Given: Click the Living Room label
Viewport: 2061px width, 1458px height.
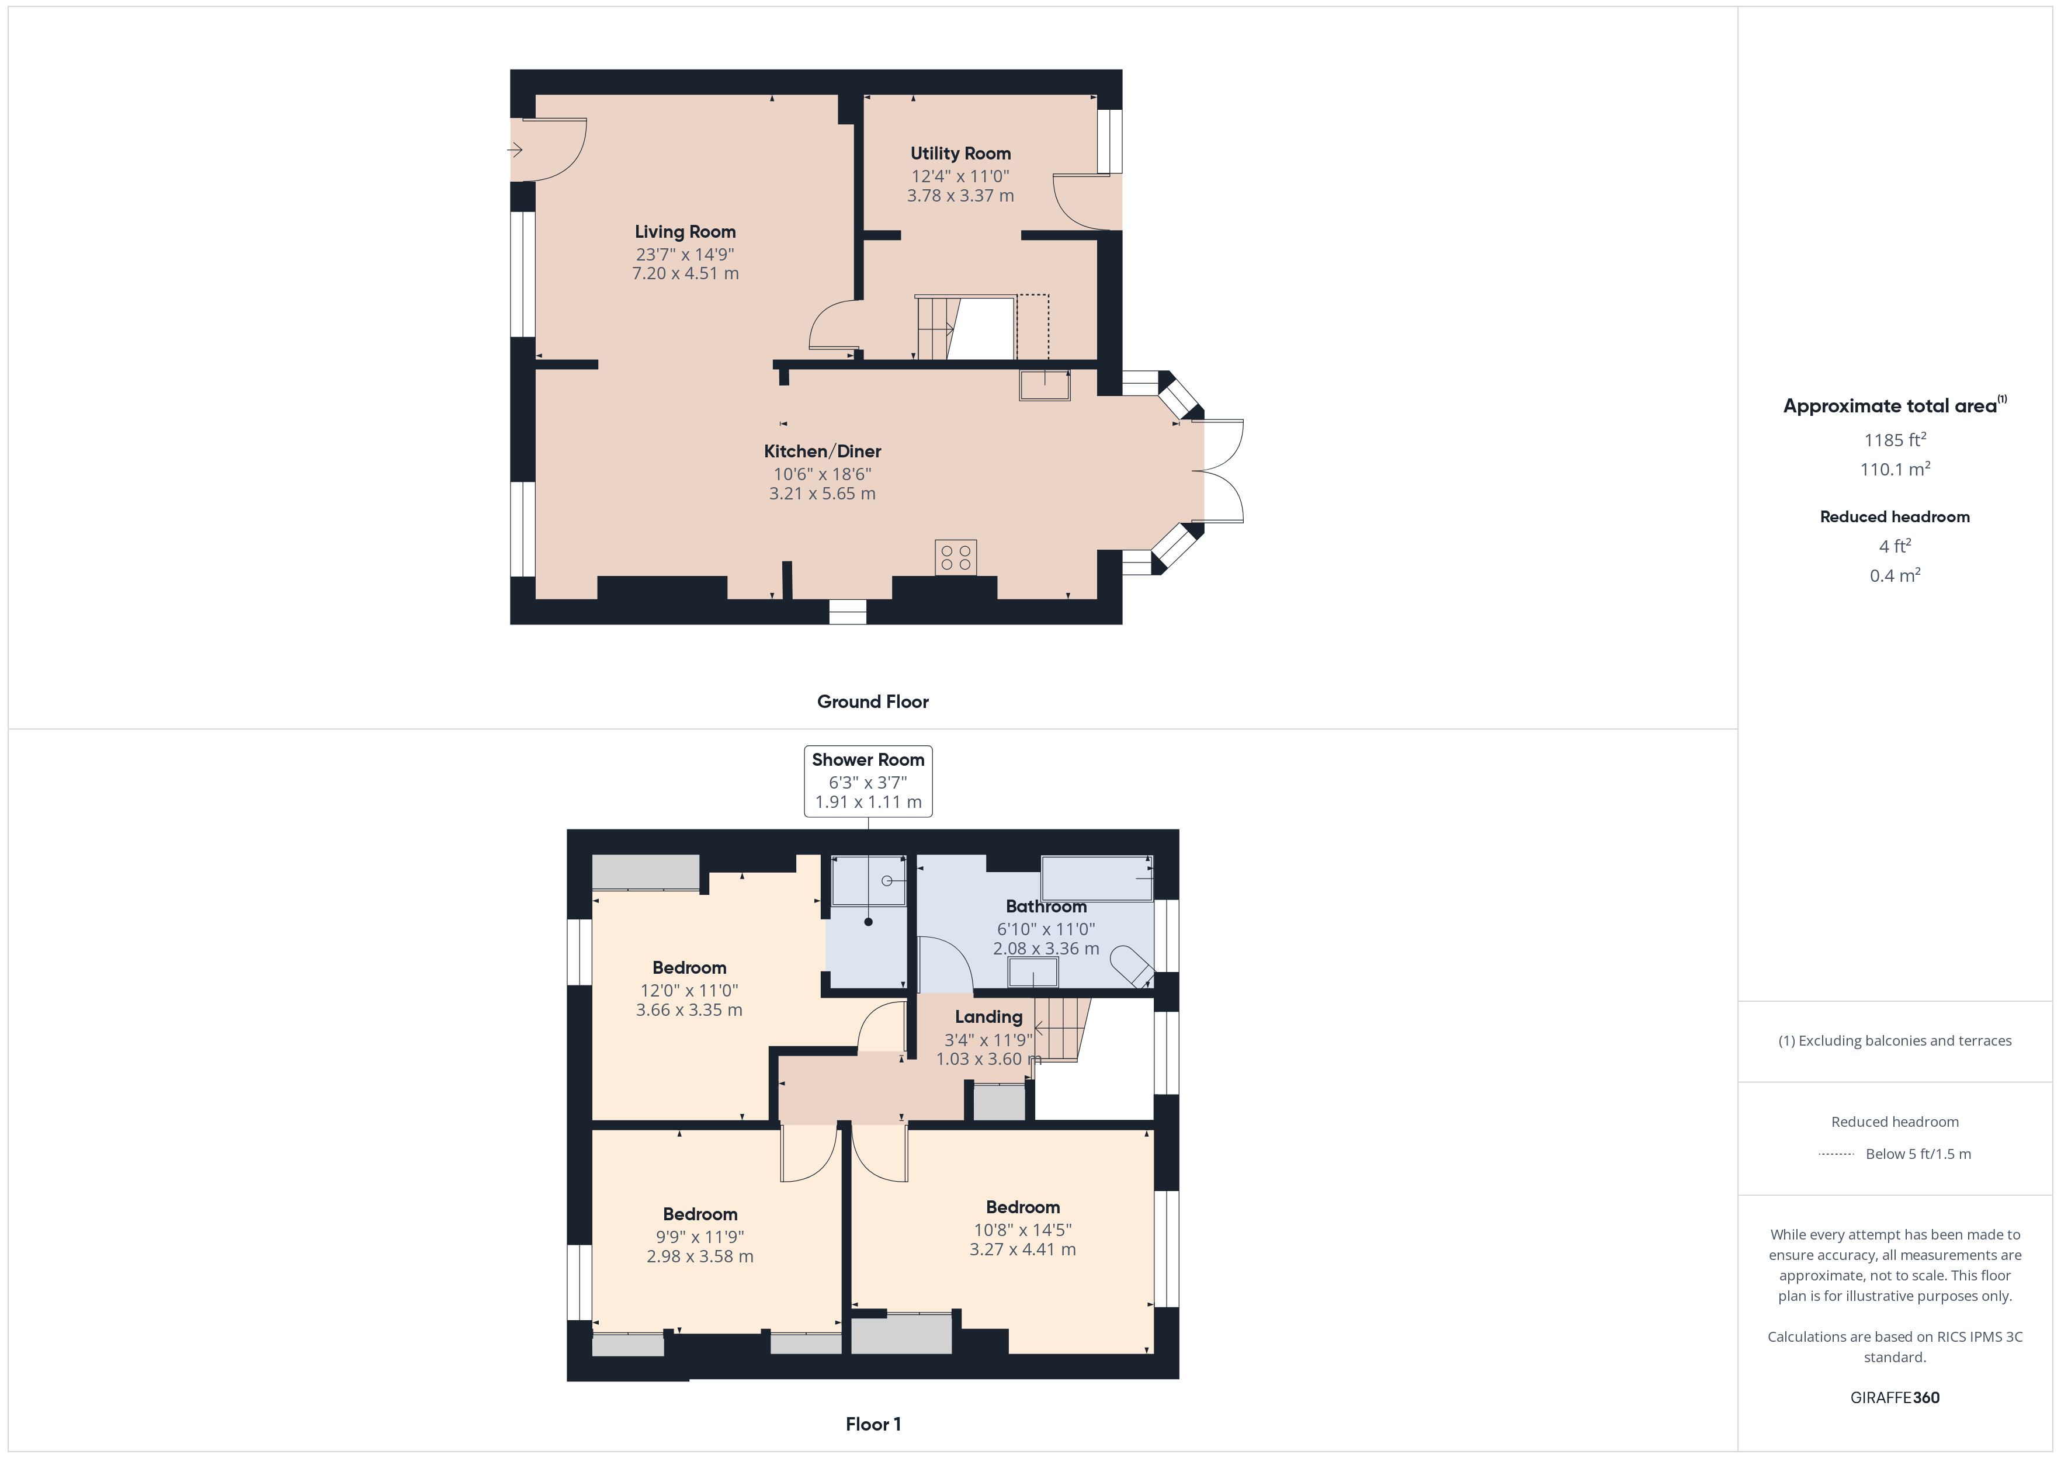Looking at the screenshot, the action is (x=685, y=232).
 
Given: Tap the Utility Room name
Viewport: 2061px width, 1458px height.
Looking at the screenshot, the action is (x=960, y=154).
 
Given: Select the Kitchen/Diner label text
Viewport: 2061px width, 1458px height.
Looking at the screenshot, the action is (x=823, y=452).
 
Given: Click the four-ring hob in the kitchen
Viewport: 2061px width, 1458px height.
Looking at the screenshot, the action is (x=955, y=557).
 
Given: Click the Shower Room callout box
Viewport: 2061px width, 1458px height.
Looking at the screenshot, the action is (x=868, y=781).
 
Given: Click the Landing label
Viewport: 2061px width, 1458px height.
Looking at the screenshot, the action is (x=988, y=1017).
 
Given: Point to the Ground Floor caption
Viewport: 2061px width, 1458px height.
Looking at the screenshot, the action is (x=873, y=702).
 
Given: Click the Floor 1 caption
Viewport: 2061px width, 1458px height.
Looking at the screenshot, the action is (x=873, y=1424).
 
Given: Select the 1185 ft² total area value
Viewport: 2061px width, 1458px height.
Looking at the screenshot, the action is (x=1895, y=439).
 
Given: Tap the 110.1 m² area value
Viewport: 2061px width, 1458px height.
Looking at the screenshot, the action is (x=1895, y=468).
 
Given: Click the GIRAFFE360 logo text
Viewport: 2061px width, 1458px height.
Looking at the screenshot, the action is (x=1895, y=1398).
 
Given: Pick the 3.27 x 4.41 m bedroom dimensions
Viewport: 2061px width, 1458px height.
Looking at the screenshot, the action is (x=1022, y=1249).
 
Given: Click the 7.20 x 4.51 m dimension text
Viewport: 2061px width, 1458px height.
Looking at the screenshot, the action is (x=685, y=274).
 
